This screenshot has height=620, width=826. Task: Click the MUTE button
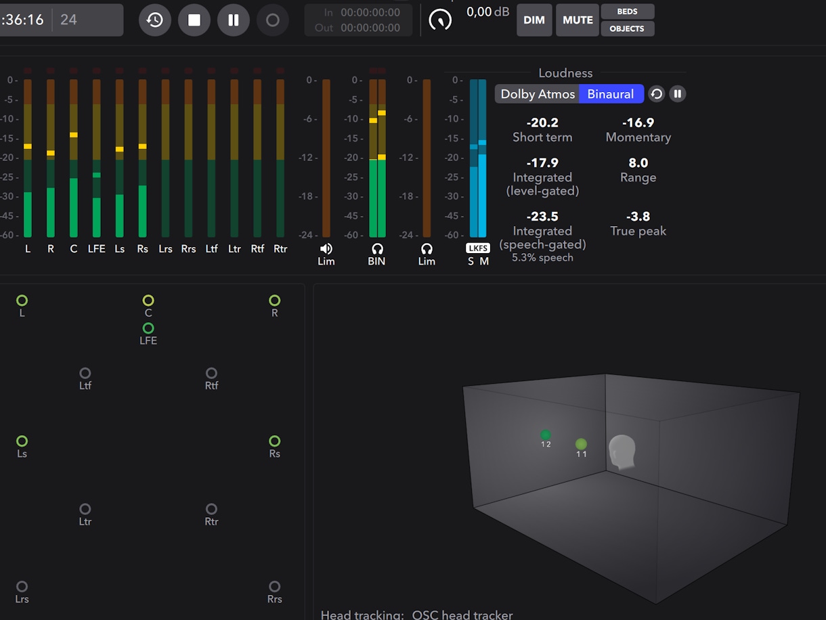[x=578, y=20]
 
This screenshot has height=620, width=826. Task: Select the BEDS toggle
[x=627, y=12]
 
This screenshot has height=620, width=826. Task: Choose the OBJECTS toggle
[x=627, y=28]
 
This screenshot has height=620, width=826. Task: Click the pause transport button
[x=234, y=20]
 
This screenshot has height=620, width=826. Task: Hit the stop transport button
[x=194, y=20]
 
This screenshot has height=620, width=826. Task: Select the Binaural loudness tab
[x=610, y=94]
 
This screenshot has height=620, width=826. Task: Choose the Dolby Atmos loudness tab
[x=538, y=94]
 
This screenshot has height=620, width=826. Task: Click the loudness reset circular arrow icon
[x=656, y=94]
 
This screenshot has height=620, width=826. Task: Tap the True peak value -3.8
[x=638, y=217]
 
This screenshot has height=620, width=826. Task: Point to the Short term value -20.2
[x=542, y=123]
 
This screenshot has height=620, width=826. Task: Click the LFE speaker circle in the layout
[x=148, y=328]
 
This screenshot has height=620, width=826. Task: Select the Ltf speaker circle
[x=85, y=373]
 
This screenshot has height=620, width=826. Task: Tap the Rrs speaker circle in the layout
[x=274, y=587]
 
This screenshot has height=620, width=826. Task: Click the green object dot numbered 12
[x=546, y=435]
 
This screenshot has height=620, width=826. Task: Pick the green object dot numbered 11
[x=581, y=444]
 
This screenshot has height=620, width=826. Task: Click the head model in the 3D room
[x=622, y=451]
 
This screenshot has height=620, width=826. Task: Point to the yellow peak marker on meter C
[x=73, y=135]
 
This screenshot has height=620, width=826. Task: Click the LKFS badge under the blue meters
[x=478, y=248]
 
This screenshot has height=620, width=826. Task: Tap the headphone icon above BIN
[x=377, y=249]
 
